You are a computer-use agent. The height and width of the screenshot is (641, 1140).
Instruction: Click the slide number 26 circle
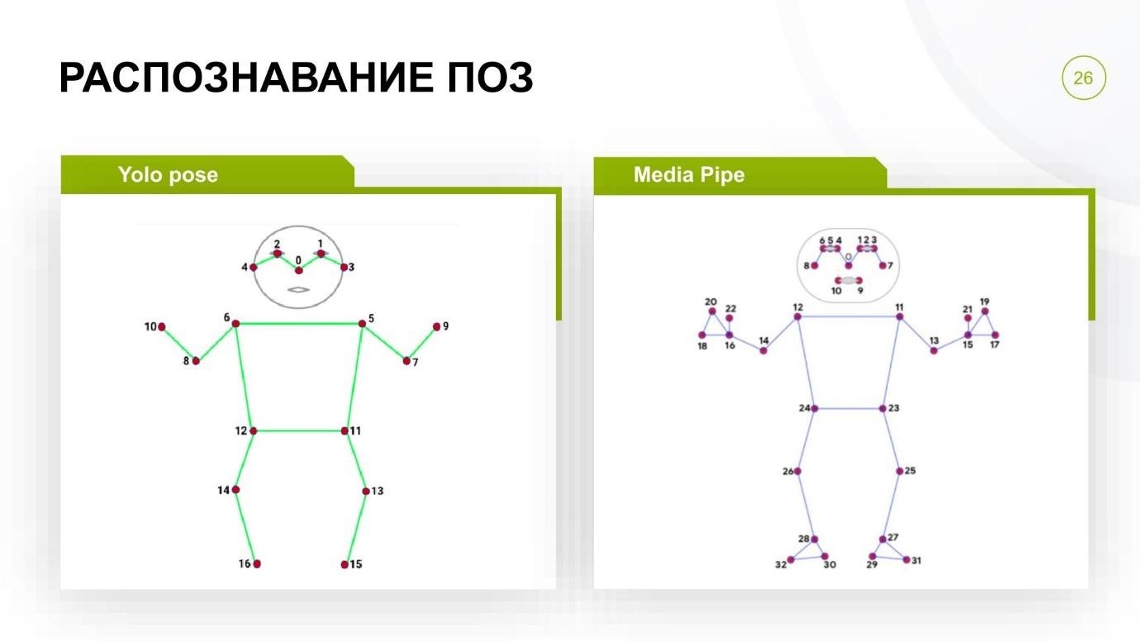[x=1083, y=78]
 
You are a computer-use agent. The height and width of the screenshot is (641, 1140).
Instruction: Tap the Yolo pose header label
[x=168, y=174]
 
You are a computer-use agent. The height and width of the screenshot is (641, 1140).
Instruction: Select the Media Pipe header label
[x=689, y=174]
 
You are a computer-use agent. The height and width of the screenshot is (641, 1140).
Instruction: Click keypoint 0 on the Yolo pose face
[x=299, y=270]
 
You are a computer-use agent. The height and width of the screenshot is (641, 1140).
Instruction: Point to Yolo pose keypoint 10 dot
[x=162, y=327]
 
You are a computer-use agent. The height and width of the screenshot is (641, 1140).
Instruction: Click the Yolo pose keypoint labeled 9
[x=436, y=327]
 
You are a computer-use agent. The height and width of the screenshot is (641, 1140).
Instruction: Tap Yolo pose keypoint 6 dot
[x=235, y=323]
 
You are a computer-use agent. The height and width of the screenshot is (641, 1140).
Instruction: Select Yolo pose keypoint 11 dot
[x=344, y=431]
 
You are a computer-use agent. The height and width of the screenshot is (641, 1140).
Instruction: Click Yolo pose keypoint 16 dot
[x=257, y=564]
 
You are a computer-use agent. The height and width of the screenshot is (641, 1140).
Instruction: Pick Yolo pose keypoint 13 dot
[x=365, y=491]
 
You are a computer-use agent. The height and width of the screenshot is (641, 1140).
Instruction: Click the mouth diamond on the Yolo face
[x=298, y=290]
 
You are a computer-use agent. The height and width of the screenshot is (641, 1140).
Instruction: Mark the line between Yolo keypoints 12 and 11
[x=299, y=431]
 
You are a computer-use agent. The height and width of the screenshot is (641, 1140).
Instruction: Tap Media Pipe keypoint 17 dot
[x=995, y=335]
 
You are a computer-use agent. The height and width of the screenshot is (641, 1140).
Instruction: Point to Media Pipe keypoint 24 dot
[x=814, y=408]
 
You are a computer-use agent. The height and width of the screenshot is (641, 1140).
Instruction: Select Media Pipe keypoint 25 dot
[x=900, y=471]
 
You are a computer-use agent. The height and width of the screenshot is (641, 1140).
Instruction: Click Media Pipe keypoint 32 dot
[x=791, y=559]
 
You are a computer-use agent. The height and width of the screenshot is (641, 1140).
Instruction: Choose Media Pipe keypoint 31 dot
[x=906, y=559]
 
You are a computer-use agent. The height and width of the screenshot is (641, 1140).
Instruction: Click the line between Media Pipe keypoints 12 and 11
[x=848, y=316]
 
